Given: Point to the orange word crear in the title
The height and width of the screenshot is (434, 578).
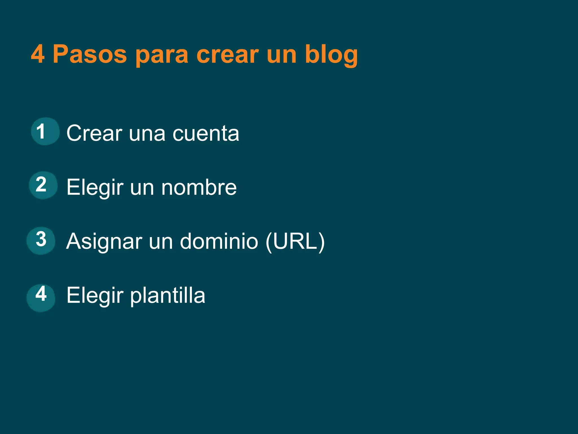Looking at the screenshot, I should pyautogui.click(x=227, y=55).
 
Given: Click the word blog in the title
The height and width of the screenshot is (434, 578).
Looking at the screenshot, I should pyautogui.click(x=331, y=55).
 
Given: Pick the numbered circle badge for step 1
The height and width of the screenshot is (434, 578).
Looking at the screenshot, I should pyautogui.click(x=45, y=131).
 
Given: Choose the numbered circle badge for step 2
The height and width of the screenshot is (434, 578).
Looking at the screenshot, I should pyautogui.click(x=43, y=185).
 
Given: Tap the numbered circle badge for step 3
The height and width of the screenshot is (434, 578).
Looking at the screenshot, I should pyautogui.click(x=41, y=240).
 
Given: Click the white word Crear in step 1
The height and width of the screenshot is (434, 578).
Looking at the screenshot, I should pyautogui.click(x=94, y=133).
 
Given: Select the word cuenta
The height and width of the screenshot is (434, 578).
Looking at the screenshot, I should pyautogui.click(x=206, y=134).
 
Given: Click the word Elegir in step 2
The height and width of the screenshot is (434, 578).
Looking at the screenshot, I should pyautogui.click(x=95, y=188).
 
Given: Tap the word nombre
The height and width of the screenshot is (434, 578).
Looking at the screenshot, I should pyautogui.click(x=199, y=188).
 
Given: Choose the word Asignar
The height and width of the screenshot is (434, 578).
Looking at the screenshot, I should pyautogui.click(x=104, y=242).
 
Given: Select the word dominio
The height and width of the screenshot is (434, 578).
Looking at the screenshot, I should pyautogui.click(x=219, y=241).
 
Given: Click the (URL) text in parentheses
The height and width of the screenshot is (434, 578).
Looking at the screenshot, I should pyautogui.click(x=295, y=241).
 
